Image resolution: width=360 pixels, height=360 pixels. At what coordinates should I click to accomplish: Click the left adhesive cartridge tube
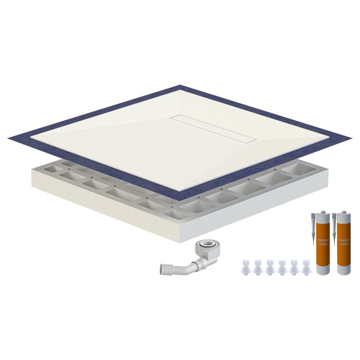pyautogui.click(x=323, y=247)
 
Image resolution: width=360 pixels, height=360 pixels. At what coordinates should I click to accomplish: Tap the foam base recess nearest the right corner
pyautogui.click(x=304, y=168)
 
